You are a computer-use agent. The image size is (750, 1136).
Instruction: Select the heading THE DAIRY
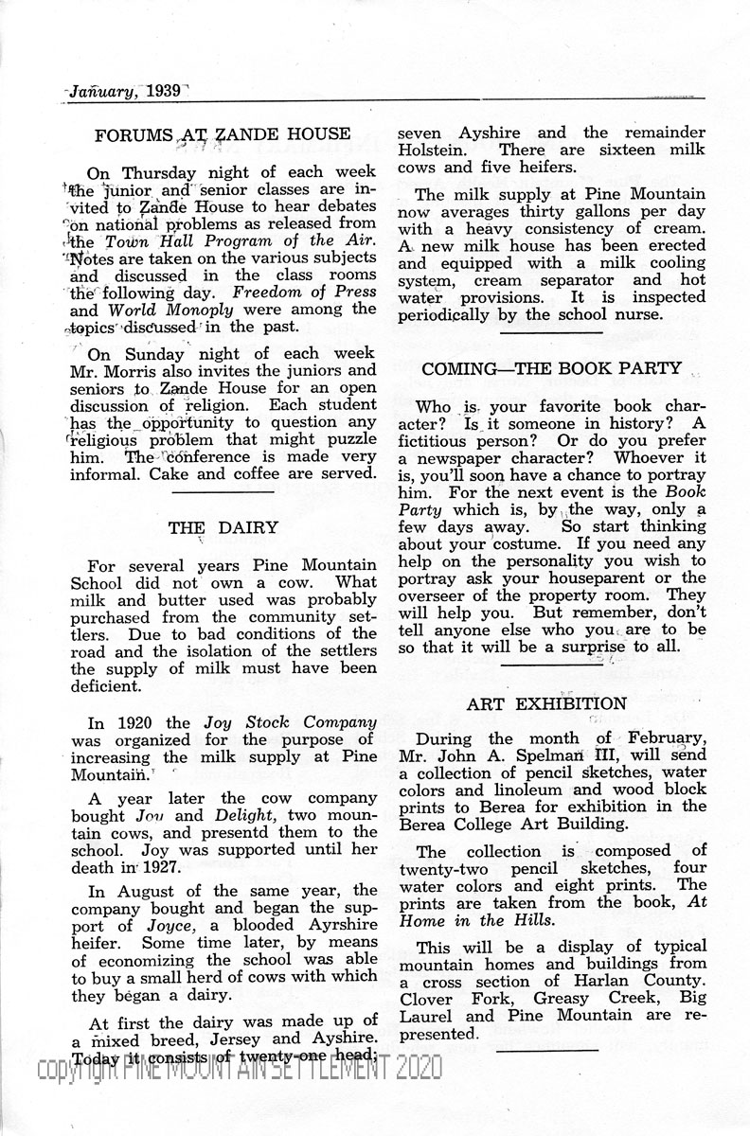click(223, 527)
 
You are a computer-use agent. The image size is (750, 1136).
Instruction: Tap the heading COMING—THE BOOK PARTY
click(551, 367)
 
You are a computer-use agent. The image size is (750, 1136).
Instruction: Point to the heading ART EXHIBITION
click(546, 703)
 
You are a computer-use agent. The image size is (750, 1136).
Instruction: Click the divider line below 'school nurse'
click(551, 332)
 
